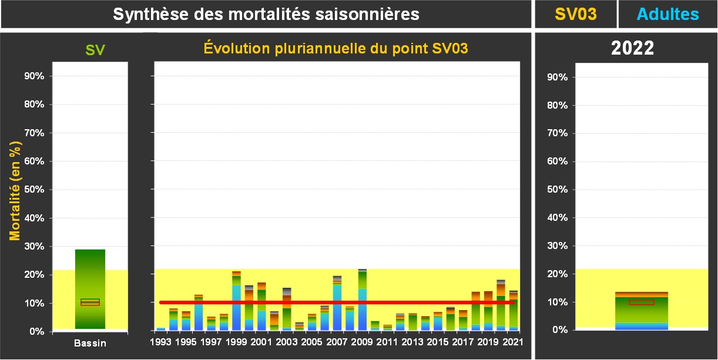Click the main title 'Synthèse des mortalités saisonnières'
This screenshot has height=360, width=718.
266,14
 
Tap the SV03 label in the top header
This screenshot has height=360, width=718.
576,14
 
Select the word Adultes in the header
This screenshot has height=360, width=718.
668,14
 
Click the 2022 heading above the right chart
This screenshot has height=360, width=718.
632,48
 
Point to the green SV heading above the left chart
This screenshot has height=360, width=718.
95,50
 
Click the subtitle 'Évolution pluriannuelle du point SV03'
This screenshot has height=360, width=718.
335,48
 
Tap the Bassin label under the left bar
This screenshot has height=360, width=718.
90,343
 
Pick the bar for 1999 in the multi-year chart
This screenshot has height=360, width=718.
236,301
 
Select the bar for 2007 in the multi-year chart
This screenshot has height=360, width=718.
337,303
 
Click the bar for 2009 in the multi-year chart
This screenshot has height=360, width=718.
363,300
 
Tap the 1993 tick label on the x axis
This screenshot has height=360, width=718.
160,342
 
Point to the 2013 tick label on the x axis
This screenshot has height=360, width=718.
412,342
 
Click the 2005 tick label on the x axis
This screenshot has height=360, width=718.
312,342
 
